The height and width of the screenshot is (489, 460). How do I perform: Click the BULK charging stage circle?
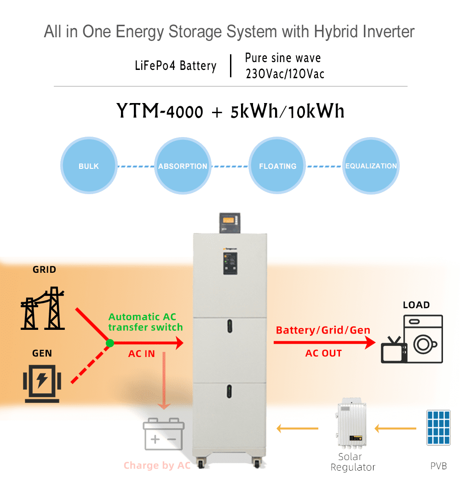pyautogui.click(x=89, y=166)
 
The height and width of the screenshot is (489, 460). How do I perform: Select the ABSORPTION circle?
pyautogui.click(x=183, y=166)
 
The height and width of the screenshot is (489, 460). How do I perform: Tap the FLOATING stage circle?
pyautogui.click(x=277, y=166)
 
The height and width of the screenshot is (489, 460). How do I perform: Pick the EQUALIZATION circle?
pyautogui.click(x=371, y=166)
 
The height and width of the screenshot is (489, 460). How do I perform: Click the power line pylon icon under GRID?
pyautogui.click(x=43, y=309)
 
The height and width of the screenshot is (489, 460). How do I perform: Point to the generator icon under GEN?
pyautogui.click(x=42, y=384)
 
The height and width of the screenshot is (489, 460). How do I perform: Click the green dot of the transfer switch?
pyautogui.click(x=109, y=343)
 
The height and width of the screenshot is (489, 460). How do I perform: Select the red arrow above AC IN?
pyautogui.click(x=147, y=343)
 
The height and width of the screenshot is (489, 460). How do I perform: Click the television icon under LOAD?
pyautogui.click(x=394, y=351)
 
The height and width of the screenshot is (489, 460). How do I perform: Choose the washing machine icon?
pyautogui.click(x=423, y=339)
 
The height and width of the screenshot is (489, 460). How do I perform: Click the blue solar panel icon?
pyautogui.click(x=437, y=428)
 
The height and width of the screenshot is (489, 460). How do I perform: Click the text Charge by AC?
pyautogui.click(x=157, y=466)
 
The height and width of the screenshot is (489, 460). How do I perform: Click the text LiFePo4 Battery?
pyautogui.click(x=175, y=65)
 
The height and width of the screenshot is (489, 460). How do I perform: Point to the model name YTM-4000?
pyautogui.click(x=160, y=111)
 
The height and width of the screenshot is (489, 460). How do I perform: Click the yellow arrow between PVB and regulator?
pyautogui.click(x=395, y=429)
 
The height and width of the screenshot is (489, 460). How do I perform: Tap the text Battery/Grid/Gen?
pyautogui.click(x=323, y=330)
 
